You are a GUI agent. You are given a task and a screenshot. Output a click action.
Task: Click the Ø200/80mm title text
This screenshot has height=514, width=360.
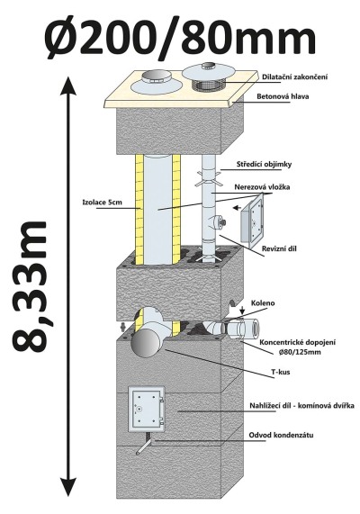(180, 38)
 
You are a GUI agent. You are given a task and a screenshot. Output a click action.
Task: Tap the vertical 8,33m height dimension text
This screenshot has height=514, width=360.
(31, 286)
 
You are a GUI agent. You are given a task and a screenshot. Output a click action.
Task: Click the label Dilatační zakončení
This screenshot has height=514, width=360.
(295, 77)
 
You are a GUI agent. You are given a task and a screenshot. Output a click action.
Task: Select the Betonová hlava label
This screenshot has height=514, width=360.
(283, 96)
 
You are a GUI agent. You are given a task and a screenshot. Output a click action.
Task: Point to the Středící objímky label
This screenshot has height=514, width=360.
(264, 165)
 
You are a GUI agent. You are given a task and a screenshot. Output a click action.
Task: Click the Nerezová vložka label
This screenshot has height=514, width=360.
(262, 187)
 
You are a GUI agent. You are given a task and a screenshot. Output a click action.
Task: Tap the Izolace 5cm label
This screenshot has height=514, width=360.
(102, 203)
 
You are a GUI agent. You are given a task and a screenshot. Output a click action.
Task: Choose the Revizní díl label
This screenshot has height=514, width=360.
(279, 248)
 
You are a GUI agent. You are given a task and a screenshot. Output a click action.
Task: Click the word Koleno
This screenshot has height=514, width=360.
(263, 303)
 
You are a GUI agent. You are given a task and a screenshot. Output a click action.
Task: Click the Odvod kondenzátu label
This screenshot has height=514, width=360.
(281, 435)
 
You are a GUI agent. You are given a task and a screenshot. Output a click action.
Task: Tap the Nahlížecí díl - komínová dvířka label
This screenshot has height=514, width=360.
(302, 406)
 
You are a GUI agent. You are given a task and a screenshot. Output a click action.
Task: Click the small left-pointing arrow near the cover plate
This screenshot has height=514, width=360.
(237, 208)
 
